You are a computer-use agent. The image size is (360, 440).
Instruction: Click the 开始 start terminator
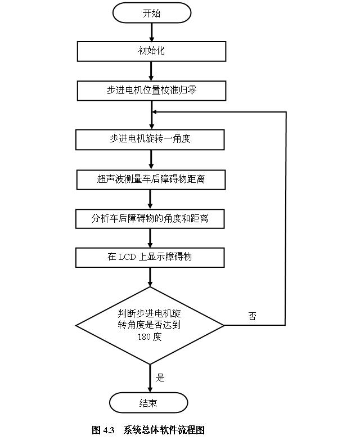tap(151, 13)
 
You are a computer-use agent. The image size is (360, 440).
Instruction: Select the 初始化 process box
tap(151, 51)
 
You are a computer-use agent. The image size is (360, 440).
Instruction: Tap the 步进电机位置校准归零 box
tap(151, 90)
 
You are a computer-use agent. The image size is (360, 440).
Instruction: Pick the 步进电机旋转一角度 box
tap(150, 139)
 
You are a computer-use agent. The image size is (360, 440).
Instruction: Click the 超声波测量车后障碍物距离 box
tap(150, 179)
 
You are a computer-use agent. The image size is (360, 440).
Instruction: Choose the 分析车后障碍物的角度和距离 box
tap(150, 218)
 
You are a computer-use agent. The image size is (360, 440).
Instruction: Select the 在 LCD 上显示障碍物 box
tap(150, 257)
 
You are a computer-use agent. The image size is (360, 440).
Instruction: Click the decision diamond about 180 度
tap(150, 325)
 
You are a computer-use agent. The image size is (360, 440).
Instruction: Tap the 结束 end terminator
tap(148, 403)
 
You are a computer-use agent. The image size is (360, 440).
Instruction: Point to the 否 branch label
tap(252, 316)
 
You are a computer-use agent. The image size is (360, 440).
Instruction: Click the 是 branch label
tap(160, 378)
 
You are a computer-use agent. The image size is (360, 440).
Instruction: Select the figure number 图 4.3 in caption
tap(103, 430)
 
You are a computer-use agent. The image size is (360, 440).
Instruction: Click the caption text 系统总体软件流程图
tap(164, 430)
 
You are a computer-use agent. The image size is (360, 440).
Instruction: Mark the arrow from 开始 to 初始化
tap(151, 32)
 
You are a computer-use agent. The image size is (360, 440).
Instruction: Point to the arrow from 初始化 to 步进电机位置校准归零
tap(151, 70)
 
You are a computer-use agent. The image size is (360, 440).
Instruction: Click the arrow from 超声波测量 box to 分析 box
tap(150, 199)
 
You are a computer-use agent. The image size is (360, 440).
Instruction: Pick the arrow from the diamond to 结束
tap(150, 378)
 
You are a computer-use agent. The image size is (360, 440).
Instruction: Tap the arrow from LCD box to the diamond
tap(150, 277)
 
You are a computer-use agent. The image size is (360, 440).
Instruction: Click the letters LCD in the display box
tap(128, 257)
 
